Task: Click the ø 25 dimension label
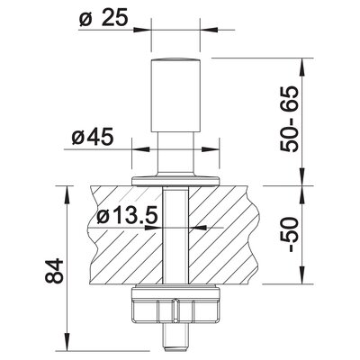click(x=103, y=19)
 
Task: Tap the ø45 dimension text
click(x=93, y=137)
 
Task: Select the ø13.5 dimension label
click(x=128, y=216)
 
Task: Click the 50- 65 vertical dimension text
click(x=290, y=119)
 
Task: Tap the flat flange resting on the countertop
click(x=175, y=181)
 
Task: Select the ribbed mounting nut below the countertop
click(x=175, y=305)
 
